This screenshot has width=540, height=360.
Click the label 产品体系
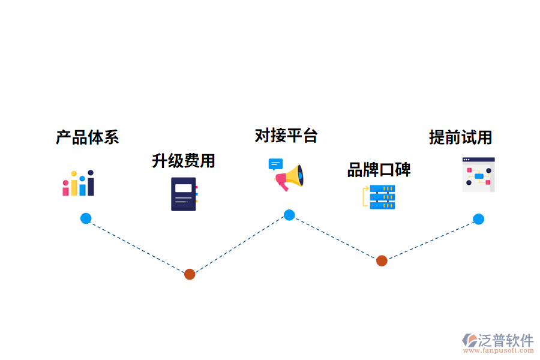pos(88,137)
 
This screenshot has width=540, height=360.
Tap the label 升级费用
pos(183,161)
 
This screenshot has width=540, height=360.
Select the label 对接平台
pos(286,136)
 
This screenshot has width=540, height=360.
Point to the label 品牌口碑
pos(379,170)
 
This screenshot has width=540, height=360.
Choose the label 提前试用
pos(460,137)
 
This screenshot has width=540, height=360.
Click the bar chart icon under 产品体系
pos(79,183)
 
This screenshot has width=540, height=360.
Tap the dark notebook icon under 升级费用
pos(184,194)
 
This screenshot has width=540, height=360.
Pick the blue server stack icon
pos(382,197)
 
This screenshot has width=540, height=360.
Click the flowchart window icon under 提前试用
pos(478,175)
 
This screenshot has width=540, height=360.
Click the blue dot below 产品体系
pos(86,218)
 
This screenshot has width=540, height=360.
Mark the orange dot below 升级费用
pos(190,274)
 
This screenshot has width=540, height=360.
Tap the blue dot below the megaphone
pos(289,215)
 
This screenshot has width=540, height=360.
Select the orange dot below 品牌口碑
pos(382,260)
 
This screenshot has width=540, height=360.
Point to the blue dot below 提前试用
pos(478,219)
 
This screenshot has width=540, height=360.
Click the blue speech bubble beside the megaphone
pos(275,164)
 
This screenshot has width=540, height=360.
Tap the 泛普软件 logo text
pos(506,341)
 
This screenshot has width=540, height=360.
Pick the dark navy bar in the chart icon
pos(91,184)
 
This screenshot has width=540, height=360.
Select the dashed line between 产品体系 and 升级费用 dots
pos(138,247)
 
